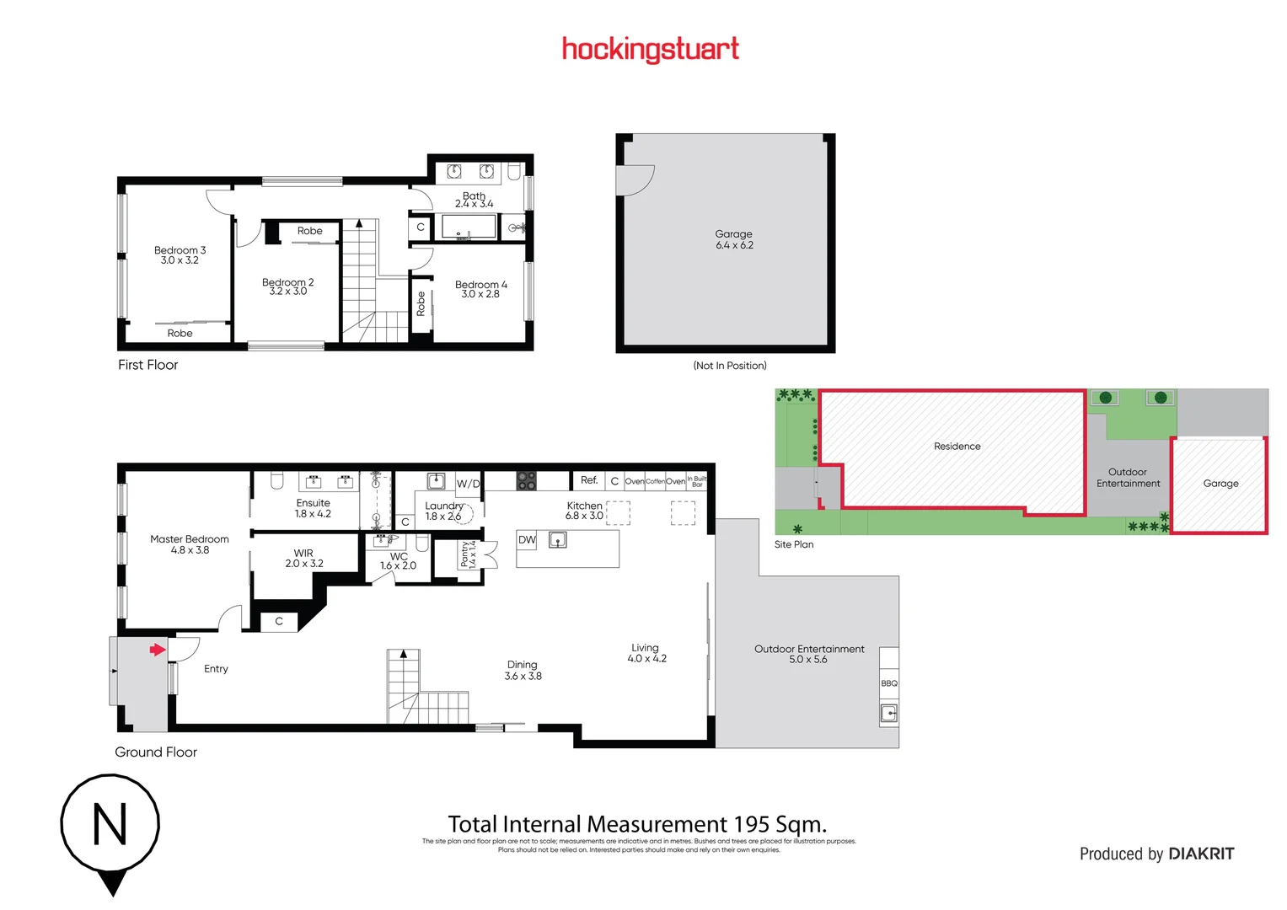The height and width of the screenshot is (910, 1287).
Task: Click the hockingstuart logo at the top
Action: (650, 50)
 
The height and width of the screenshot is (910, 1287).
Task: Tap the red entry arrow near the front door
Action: (158, 650)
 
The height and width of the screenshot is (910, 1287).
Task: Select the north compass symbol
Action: (110, 826)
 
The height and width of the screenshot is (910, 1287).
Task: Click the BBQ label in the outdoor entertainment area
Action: (889, 683)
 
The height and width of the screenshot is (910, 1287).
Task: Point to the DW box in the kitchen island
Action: (527, 540)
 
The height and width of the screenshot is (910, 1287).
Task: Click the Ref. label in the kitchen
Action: (589, 480)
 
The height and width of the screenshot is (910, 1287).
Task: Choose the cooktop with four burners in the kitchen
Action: (527, 481)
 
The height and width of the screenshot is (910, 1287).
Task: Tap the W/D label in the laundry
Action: (468, 484)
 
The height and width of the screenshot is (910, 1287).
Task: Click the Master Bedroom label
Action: (190, 544)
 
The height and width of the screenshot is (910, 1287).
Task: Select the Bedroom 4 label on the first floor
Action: (481, 289)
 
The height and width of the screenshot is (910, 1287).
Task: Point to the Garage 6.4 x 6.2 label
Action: (734, 240)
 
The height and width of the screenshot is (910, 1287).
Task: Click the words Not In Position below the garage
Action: (730, 366)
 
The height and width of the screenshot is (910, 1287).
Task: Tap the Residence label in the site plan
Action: (957, 447)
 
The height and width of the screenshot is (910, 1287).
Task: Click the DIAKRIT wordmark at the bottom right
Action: (1201, 854)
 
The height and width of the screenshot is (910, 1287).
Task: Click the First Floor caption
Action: (148, 365)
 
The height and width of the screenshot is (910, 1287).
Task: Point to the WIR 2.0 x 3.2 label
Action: (303, 559)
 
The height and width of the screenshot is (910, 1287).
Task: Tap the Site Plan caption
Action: (794, 544)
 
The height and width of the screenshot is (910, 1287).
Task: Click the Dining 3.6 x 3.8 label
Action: (523, 671)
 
